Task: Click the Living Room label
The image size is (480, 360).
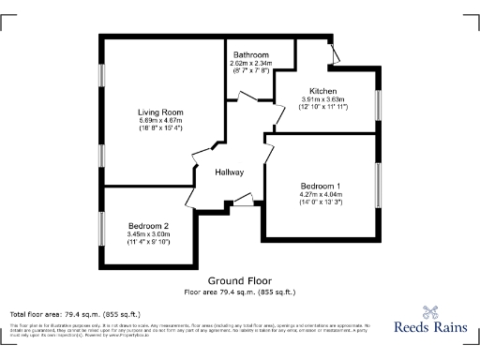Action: click(159, 111)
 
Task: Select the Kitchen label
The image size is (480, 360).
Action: click(323, 91)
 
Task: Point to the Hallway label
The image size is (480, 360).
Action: click(230, 172)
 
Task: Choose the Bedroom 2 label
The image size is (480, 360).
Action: click(148, 226)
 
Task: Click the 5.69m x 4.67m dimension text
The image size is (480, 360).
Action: click(159, 120)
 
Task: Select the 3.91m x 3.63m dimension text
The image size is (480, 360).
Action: click(323, 99)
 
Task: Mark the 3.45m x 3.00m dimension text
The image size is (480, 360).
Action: click(148, 234)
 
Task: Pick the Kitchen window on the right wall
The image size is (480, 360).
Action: click(379, 103)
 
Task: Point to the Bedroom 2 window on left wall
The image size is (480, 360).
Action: click(102, 228)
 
